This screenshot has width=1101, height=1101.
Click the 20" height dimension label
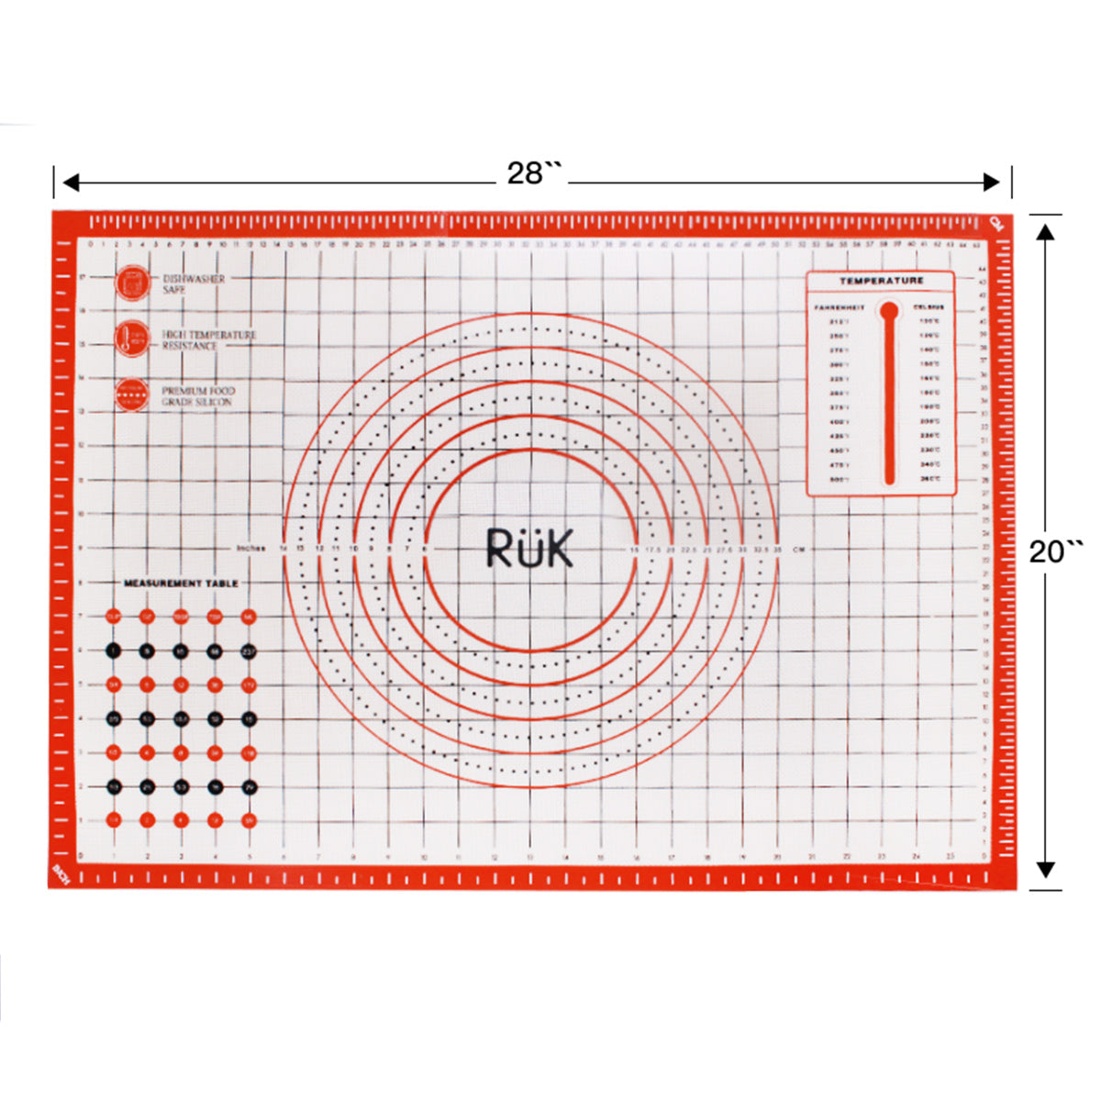click(1055, 552)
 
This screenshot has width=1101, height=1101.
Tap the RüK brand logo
click(529, 548)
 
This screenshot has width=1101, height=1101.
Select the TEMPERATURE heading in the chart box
click(881, 281)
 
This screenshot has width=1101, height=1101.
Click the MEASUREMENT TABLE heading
click(181, 584)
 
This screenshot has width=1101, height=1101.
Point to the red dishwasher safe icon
click(132, 282)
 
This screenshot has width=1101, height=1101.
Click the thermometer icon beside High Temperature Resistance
click(132, 339)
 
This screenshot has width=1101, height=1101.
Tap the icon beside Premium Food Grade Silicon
click(132, 395)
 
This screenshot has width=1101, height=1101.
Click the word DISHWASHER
click(194, 278)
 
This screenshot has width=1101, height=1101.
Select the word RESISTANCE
click(190, 346)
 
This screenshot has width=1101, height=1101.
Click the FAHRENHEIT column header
click(839, 307)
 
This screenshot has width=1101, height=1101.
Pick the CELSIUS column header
click(929, 307)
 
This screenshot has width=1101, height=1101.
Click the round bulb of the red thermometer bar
click(888, 311)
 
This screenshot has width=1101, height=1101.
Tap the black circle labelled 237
click(249, 651)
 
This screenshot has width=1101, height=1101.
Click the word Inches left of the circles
click(250, 549)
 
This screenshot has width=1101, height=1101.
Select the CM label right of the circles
click(798, 550)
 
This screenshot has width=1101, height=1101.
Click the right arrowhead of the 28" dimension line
click(991, 183)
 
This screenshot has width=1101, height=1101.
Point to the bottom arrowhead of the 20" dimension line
click(1045, 870)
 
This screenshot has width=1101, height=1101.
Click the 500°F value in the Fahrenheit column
click(839, 480)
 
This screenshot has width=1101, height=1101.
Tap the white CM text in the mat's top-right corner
click(998, 223)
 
